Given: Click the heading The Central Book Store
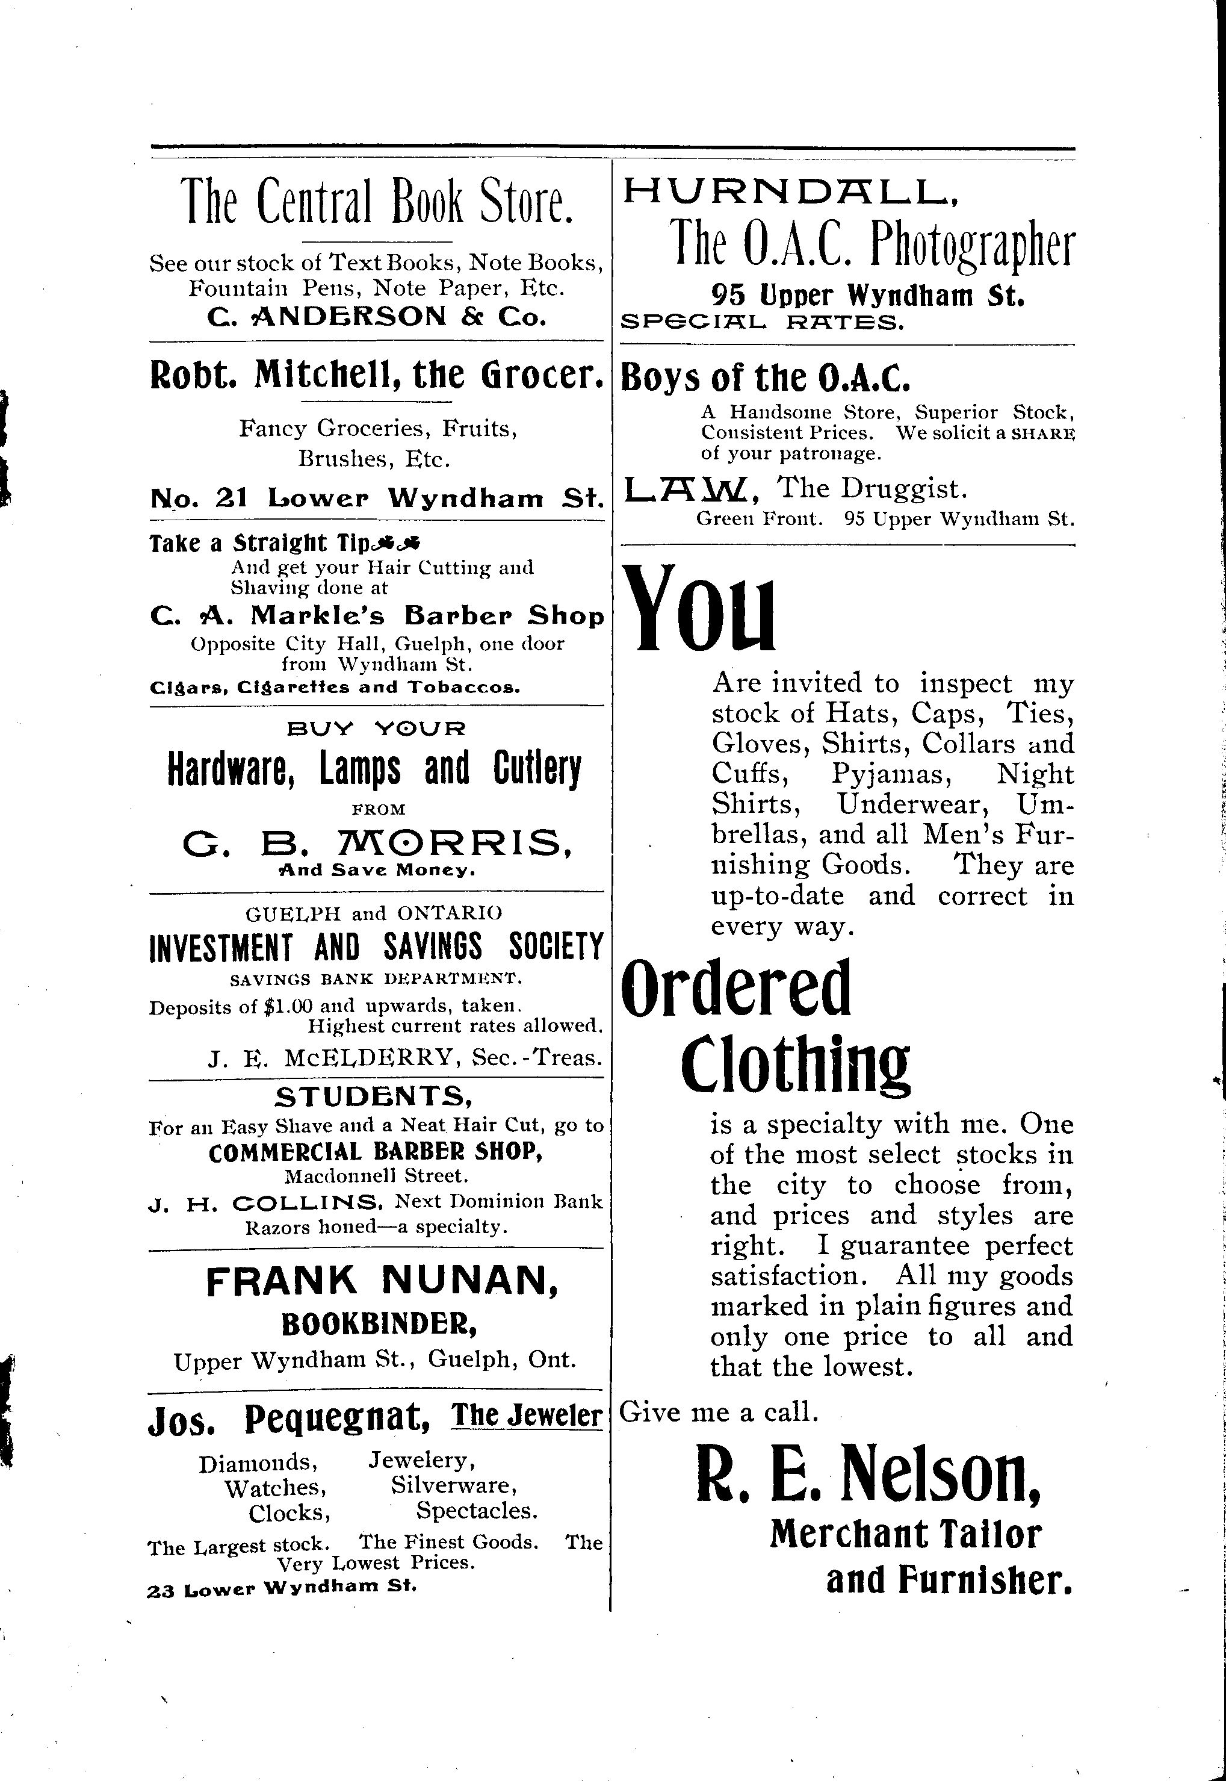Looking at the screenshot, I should [376, 201].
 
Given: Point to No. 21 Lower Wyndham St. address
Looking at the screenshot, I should [376, 499].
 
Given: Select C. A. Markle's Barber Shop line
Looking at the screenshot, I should [376, 615].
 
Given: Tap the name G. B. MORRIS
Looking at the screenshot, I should [376, 844].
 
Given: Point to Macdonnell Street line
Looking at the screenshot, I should [376, 1175].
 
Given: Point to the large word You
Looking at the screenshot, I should [701, 609].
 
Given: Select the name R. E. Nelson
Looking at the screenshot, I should [868, 1479].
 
